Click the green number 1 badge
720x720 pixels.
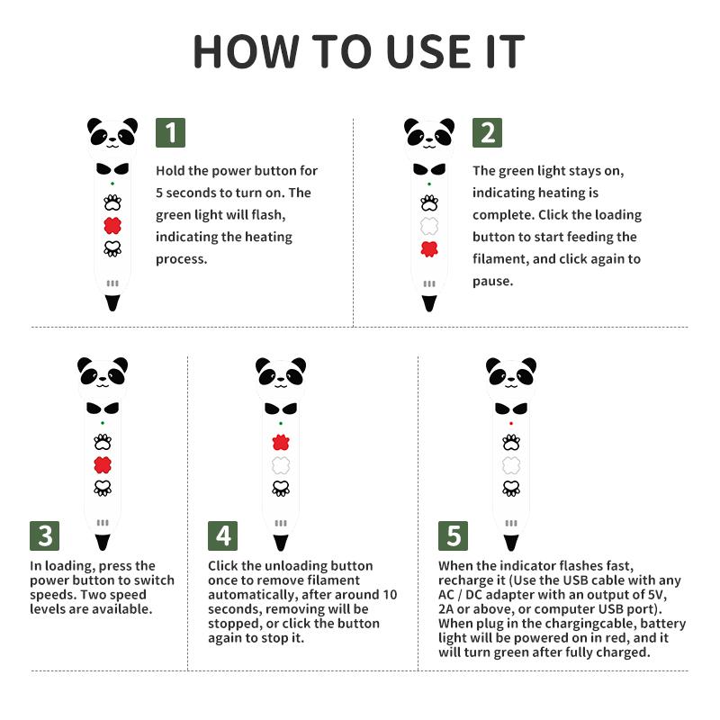point(170,132)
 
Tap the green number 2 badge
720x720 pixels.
point(487,132)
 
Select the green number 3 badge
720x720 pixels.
point(44,535)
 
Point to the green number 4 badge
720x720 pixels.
point(222,535)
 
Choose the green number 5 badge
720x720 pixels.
point(454,535)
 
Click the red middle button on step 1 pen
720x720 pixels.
point(112,226)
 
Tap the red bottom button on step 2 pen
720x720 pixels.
point(429,249)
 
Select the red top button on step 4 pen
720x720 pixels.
point(281,443)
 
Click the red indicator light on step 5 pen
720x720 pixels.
point(511,423)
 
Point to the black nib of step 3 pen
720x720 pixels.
point(103,543)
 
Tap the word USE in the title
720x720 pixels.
point(429,51)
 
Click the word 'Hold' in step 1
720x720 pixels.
point(170,171)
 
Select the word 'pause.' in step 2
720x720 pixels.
point(492,281)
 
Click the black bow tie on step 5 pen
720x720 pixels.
point(511,409)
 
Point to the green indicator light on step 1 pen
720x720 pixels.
point(112,184)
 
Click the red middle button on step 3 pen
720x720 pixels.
point(103,465)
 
